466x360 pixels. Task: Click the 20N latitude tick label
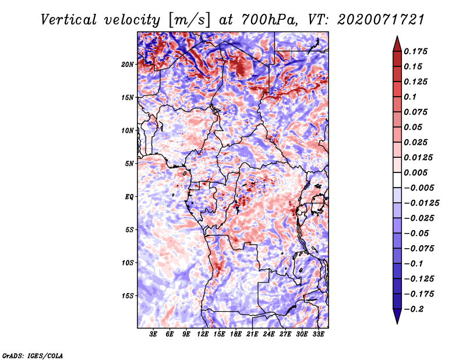[x=128, y=65]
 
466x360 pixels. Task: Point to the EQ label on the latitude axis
[x=129, y=197]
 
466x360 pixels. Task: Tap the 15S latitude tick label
[x=128, y=296]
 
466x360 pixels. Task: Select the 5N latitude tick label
[x=129, y=164]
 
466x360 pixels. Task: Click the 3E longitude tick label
[x=153, y=334]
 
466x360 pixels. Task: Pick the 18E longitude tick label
[x=236, y=334]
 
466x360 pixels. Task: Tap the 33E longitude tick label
[x=318, y=334]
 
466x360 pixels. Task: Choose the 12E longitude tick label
[x=203, y=334]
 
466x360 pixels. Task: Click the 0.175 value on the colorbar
[x=415, y=51]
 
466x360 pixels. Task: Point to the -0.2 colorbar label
[x=414, y=309]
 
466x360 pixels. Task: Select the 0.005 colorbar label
[x=415, y=172]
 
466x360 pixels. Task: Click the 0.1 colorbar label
[x=410, y=97]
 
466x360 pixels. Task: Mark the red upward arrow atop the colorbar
[x=397, y=44]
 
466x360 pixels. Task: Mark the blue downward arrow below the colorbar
[x=397, y=316]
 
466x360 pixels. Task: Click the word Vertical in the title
[x=69, y=20]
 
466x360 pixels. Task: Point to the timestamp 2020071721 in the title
[x=381, y=20]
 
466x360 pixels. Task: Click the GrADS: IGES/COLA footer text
[x=33, y=355]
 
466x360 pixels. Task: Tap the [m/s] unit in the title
[x=189, y=20]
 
